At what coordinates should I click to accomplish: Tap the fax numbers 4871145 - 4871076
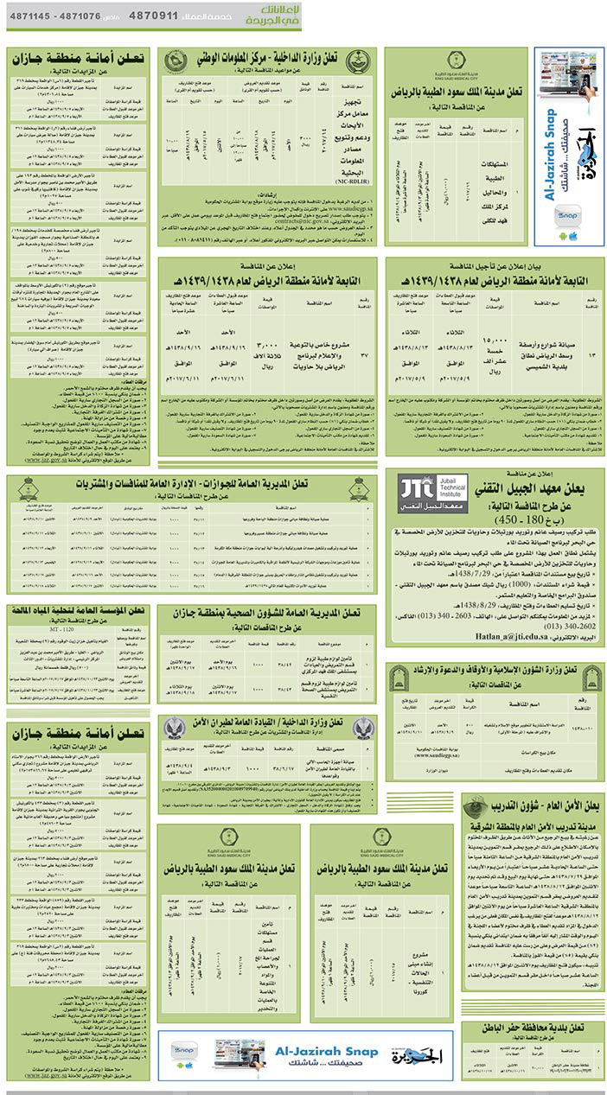click(x=53, y=16)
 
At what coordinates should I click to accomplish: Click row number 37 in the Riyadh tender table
click(x=363, y=352)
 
